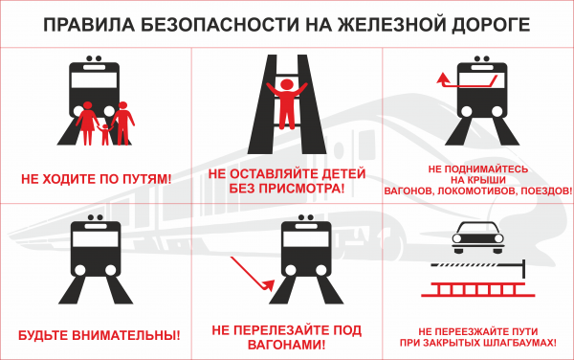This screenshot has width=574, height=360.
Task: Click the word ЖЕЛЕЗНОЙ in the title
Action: (x=386, y=25)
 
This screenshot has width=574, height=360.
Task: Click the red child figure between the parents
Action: (x=105, y=134)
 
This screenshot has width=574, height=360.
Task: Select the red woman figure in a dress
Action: (x=87, y=123)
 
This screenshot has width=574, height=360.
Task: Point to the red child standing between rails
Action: (x=287, y=103)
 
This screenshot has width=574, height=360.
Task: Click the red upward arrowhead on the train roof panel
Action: (x=443, y=78)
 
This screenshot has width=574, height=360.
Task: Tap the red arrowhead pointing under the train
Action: (x=269, y=285)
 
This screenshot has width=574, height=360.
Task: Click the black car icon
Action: (x=477, y=237)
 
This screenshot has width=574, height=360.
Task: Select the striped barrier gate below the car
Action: (x=479, y=267)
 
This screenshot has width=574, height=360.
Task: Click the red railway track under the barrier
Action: (x=477, y=289)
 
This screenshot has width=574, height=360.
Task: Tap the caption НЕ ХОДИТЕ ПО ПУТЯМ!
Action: (x=97, y=179)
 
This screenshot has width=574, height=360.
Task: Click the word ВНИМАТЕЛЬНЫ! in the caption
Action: (x=126, y=335)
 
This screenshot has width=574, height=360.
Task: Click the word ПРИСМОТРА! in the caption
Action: (x=301, y=189)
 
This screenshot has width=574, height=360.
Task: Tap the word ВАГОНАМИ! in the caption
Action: (x=286, y=345)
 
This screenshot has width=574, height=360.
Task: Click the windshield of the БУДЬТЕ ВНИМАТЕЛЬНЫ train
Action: (x=95, y=239)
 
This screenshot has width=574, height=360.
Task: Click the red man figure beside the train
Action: (x=123, y=124)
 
